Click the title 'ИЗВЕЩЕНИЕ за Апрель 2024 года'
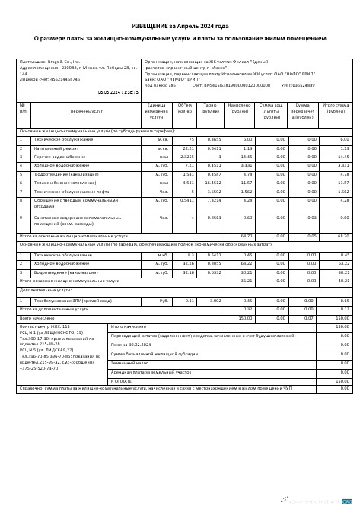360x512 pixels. coord(180,26)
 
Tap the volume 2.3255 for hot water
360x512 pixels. coord(186,157)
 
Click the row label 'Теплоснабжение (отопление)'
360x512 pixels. coord(64,183)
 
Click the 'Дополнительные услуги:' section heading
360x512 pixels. coord(48,311)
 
